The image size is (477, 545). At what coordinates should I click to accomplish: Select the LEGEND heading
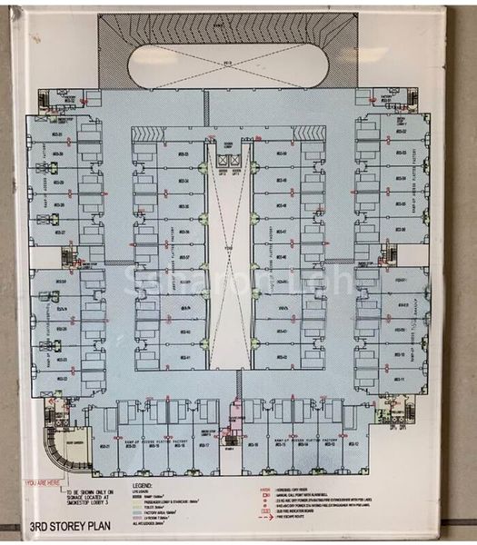click(144, 486)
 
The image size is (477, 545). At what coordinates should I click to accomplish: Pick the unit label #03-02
click(402, 131)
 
